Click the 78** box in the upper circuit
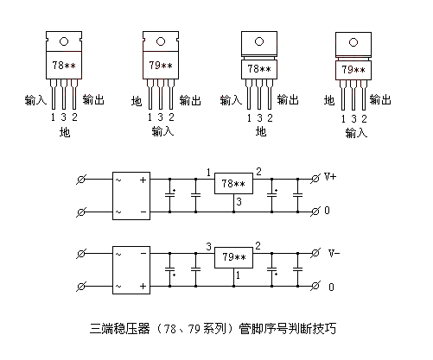pos(232,184)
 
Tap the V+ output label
pos(332,177)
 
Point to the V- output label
pos(332,254)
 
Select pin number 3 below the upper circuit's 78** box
pos(239,202)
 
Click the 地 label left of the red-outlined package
pos(328,101)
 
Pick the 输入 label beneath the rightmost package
pos(355,133)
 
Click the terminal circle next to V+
pos(314,178)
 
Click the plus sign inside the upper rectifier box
pos(143,178)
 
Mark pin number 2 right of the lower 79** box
pos(258,246)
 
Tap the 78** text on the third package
pos(258,68)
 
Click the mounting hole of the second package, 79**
pos(160,41)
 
